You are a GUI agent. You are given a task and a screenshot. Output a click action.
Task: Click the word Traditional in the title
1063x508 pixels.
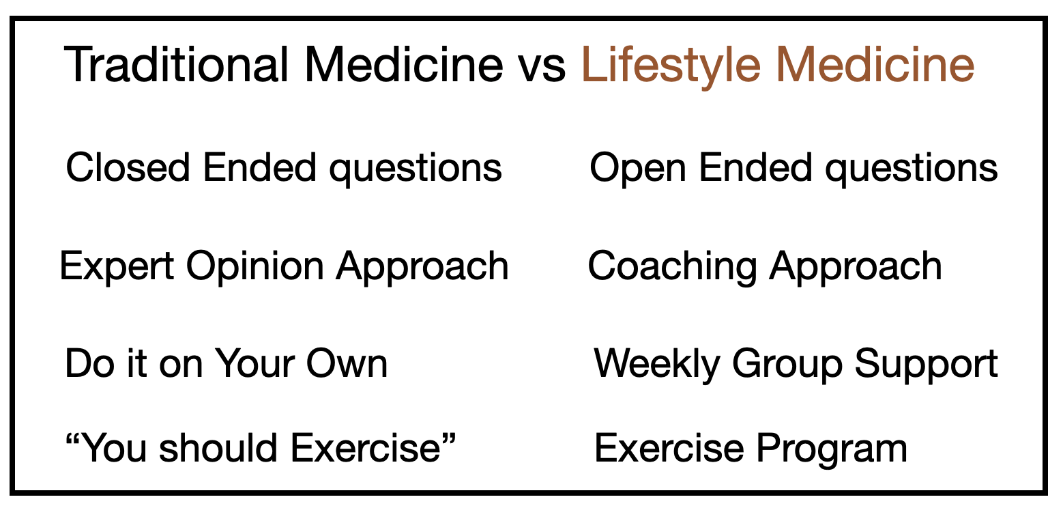[176, 65]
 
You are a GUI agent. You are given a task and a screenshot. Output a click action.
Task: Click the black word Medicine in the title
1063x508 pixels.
[403, 65]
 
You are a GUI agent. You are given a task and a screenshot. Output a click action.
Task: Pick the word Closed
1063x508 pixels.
[128, 167]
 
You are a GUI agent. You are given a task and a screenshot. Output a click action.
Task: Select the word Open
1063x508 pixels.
[638, 170]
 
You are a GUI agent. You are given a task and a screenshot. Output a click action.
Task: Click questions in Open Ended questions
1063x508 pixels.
[911, 170]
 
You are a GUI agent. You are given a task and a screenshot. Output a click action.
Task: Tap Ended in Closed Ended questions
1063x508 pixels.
[259, 167]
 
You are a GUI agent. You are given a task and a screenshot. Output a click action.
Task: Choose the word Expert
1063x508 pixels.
[116, 267]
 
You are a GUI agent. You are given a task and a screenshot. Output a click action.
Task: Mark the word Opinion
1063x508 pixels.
[255, 267]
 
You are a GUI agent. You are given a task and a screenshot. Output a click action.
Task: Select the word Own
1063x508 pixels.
[347, 364]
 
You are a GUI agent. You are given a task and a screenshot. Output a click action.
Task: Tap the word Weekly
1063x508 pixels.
[657, 365]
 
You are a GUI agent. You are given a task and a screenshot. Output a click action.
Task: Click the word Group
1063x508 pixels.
[787, 365]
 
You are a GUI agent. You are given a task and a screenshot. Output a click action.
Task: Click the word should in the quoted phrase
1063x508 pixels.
[218, 447]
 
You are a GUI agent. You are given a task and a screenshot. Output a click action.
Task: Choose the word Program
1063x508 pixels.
[832, 450]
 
